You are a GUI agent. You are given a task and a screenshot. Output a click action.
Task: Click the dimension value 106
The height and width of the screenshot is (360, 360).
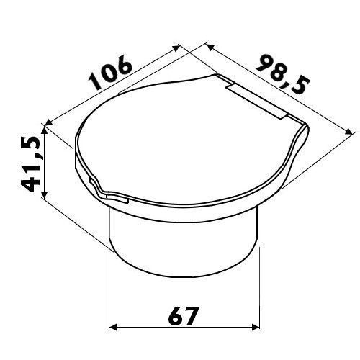click(x=111, y=72)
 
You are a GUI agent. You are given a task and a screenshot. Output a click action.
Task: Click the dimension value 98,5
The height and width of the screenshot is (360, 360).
click(x=283, y=74)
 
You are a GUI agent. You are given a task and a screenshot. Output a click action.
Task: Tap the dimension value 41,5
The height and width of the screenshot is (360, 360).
click(x=31, y=163)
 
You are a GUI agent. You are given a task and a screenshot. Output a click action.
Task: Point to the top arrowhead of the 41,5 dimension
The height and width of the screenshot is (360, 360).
click(x=44, y=130)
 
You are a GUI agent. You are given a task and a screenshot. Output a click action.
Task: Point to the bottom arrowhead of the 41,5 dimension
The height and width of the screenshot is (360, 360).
click(x=44, y=194)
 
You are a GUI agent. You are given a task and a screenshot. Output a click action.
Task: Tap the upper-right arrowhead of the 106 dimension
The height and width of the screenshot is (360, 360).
click(x=176, y=48)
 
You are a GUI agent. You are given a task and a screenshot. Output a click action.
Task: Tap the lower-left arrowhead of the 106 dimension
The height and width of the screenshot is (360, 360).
click(x=49, y=122)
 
